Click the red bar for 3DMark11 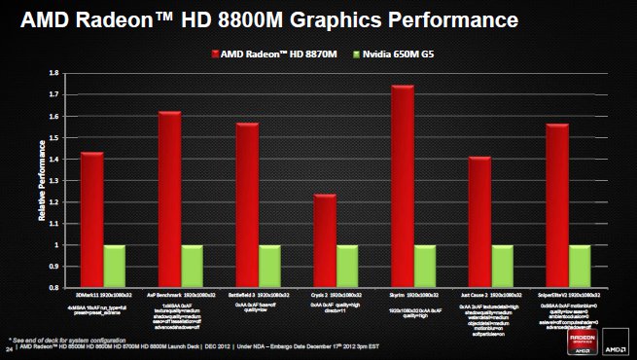91,220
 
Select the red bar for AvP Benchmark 169,199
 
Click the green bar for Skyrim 425,267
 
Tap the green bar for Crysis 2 347,267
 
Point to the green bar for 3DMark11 115,267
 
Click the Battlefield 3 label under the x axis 256,293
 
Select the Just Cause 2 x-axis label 488,293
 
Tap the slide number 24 8,345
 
